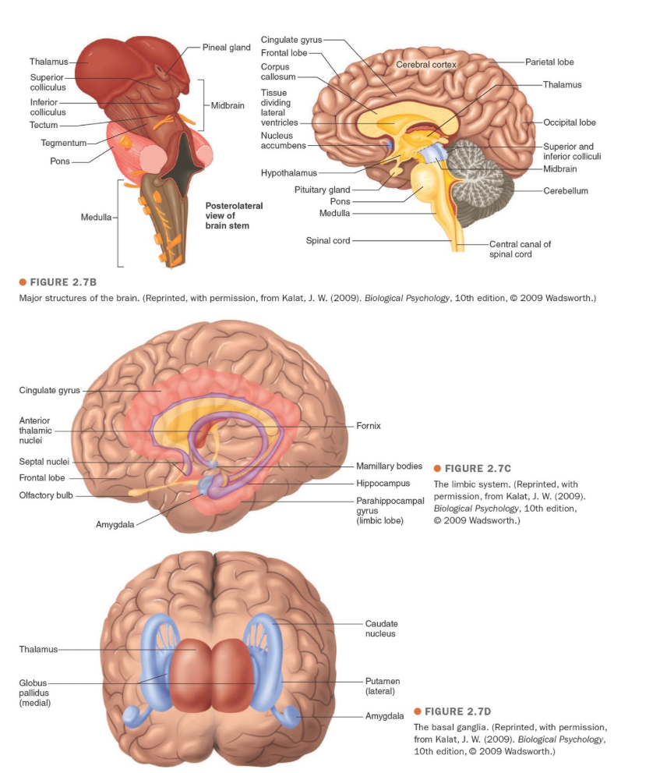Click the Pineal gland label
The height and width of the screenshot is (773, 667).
tap(226, 48)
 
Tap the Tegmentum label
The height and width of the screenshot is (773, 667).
tap(64, 143)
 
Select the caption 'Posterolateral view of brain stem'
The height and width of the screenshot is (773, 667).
tap(234, 215)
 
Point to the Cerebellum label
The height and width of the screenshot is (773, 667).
tap(566, 190)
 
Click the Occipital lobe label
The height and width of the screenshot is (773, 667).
tap(570, 122)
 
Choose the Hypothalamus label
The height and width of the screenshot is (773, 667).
tap(288, 172)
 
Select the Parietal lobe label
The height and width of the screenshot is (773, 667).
tap(549, 62)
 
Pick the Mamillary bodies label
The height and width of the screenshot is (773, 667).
tap(389, 466)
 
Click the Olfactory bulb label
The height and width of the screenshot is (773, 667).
tap(46, 495)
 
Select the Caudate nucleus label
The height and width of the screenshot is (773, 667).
tap(380, 629)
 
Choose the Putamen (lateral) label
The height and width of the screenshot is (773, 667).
tap(380, 686)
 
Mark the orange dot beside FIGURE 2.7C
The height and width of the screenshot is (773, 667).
tap(437, 468)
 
